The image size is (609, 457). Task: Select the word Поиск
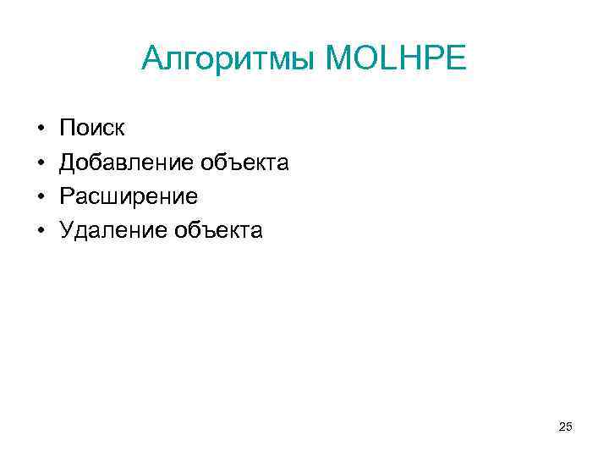92,129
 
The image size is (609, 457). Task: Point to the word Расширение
128,196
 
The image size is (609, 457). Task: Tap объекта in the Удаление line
219,230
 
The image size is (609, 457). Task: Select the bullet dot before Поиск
41,129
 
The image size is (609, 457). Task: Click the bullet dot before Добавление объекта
41,163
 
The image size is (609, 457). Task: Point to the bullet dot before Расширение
41,197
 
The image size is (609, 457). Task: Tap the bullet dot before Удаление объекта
41,231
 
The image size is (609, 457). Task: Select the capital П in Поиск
67,129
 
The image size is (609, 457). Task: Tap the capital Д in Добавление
68,162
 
